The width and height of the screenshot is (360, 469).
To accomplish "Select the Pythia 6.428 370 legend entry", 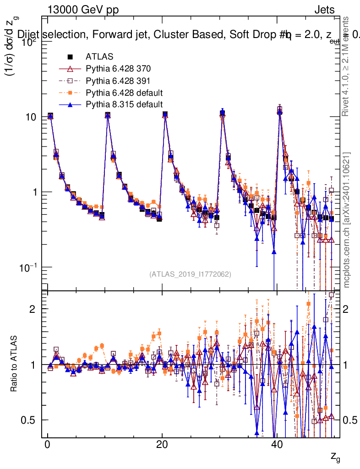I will (118, 69).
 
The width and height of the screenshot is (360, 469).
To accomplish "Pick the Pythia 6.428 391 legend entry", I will (118, 81).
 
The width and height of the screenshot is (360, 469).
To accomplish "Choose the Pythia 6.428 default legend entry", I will (124, 93).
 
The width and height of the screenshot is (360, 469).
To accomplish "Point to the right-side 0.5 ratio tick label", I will (350, 420).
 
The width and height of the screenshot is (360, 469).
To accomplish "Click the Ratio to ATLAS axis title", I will (14, 365).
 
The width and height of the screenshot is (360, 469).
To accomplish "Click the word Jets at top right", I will (324, 10).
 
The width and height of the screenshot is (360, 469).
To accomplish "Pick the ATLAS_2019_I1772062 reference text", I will (190, 274).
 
